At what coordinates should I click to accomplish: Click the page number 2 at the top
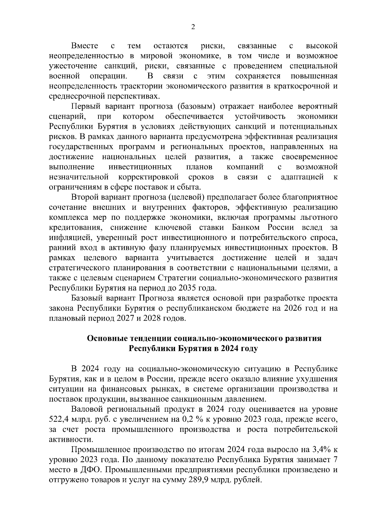(x=193, y=27)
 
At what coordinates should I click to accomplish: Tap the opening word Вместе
(x=85, y=46)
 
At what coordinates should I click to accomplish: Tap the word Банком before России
(x=246, y=227)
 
